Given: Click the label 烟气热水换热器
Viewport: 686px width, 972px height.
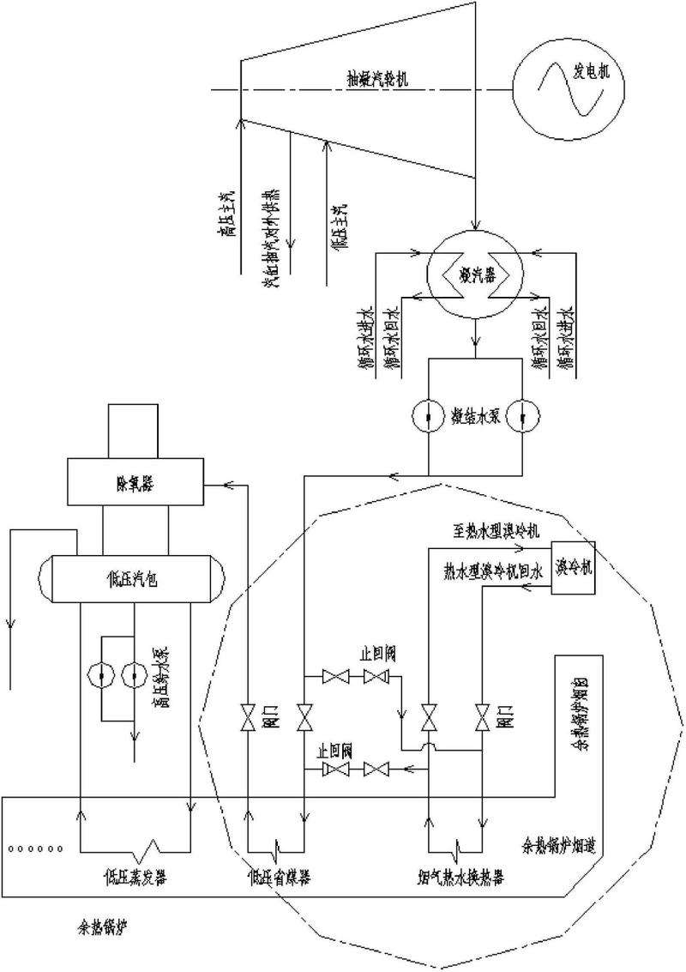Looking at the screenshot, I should pos(455,878).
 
